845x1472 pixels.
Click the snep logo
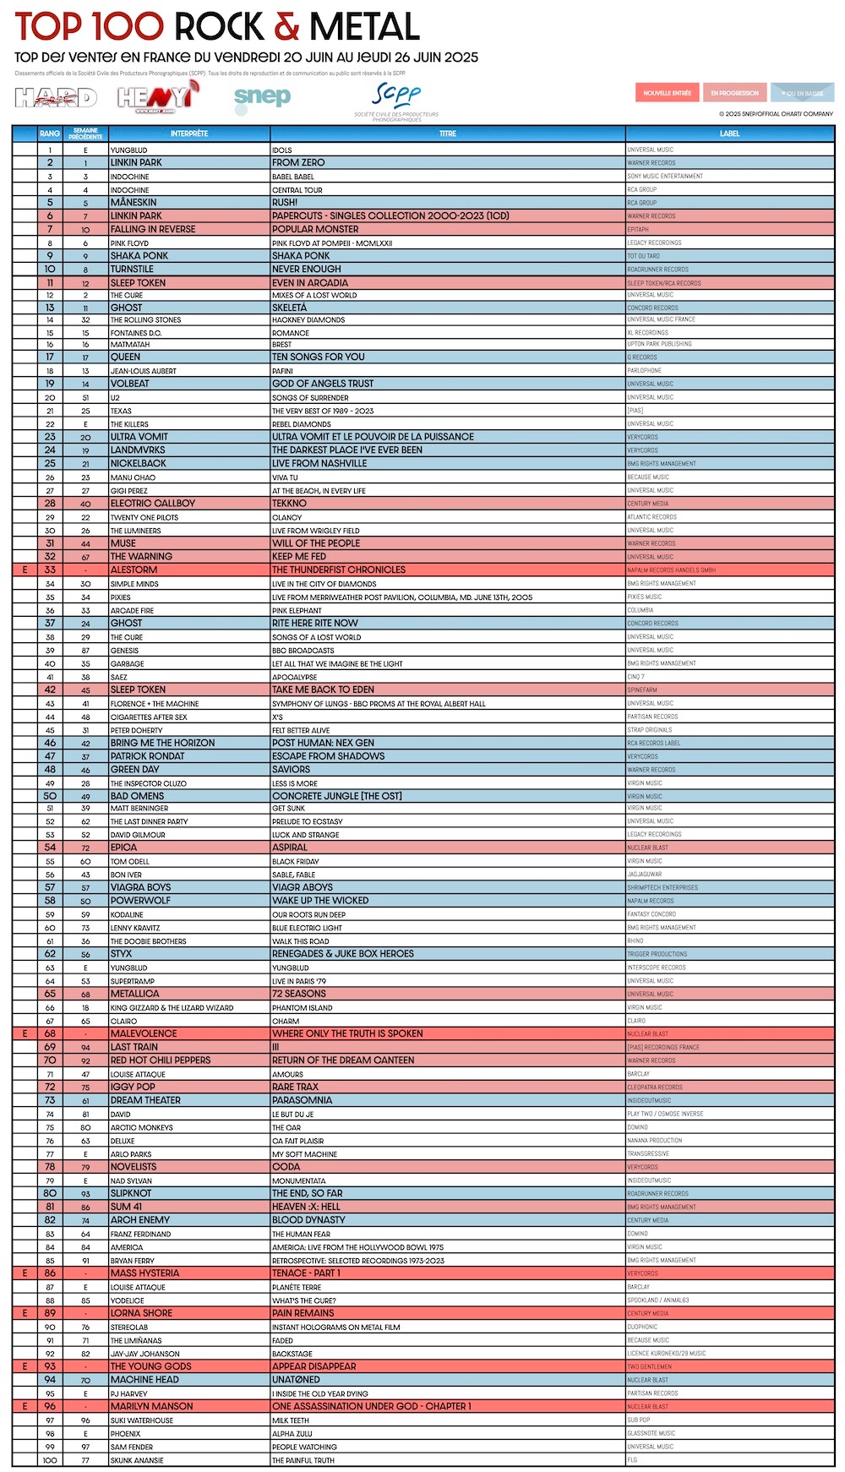point(262,98)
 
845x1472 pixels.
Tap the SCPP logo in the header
point(396,100)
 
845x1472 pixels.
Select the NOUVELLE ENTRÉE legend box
point(667,93)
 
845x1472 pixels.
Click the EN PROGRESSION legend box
point(734,93)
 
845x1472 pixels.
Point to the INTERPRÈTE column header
point(189,134)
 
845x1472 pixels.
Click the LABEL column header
point(729,134)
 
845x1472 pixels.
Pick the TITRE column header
point(448,134)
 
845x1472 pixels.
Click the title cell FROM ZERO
point(298,162)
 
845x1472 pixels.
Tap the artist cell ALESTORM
point(134,570)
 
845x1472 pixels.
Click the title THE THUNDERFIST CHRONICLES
point(339,570)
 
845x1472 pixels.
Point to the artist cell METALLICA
point(135,994)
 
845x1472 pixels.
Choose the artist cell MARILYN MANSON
point(152,1406)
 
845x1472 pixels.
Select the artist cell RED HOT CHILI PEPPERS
point(161,1060)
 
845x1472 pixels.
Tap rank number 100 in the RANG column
point(50,1460)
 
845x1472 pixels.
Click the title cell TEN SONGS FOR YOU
point(319,357)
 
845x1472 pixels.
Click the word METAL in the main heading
point(364,27)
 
